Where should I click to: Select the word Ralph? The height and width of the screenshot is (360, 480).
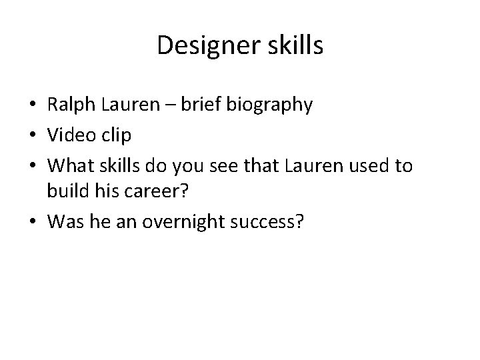click(70, 105)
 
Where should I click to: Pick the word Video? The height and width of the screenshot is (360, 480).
click(68, 135)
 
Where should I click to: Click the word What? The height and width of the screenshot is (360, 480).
click(70, 165)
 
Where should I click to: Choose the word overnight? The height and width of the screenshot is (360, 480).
click(193, 221)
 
